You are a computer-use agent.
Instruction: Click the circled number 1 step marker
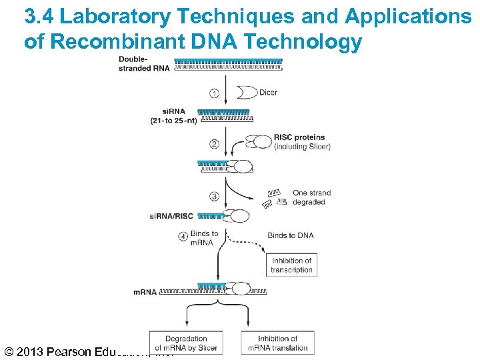[214, 93]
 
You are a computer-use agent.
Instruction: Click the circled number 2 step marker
[214, 144]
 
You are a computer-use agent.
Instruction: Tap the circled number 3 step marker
[214, 196]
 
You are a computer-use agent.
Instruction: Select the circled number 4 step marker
[183, 236]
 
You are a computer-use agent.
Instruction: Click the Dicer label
[268, 93]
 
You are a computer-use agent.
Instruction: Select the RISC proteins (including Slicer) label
[301, 142]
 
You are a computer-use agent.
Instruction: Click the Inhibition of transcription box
[292, 265]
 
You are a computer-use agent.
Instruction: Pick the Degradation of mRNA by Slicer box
[186, 343]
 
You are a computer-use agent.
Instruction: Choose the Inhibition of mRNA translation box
[278, 343]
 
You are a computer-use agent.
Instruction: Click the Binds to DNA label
[291, 235]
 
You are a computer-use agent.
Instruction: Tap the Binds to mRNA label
[204, 238]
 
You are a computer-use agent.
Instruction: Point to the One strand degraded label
[311, 197]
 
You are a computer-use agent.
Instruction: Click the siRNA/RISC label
[172, 216]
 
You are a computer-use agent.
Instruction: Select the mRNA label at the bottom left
[145, 292]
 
